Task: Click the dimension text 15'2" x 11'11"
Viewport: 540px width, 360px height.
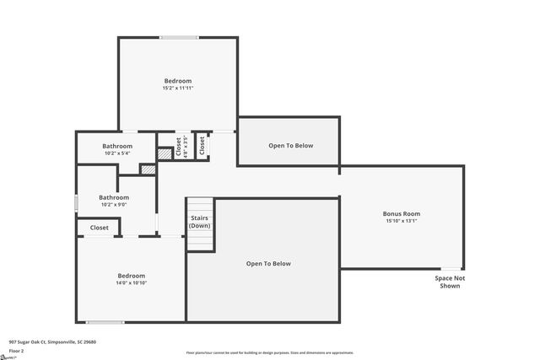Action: pos(178,88)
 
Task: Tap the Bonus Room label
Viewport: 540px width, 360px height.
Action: pos(402,214)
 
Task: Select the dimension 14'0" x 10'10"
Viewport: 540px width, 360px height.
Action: pos(131,283)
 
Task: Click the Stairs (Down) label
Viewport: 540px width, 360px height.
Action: pos(200,222)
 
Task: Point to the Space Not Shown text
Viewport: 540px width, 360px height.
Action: pos(450,282)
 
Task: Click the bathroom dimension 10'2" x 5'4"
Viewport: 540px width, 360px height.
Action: pos(117,153)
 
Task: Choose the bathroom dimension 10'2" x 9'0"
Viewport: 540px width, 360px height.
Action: pos(112,204)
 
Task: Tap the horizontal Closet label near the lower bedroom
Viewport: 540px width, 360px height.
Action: pos(99,228)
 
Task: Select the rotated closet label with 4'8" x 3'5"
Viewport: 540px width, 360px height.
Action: pos(181,147)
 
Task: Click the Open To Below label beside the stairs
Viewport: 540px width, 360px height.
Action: pos(268,264)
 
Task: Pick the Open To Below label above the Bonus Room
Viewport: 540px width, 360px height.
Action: pos(290,146)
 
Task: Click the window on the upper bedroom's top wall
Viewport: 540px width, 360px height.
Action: pos(179,37)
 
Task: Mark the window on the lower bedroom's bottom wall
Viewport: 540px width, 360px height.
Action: pos(105,322)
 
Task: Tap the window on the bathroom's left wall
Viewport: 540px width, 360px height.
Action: pos(77,202)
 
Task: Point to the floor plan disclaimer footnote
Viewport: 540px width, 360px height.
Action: pos(269,352)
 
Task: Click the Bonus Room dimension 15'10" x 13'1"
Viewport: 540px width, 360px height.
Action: pos(402,222)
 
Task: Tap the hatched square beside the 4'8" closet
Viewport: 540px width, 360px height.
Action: pos(165,154)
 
